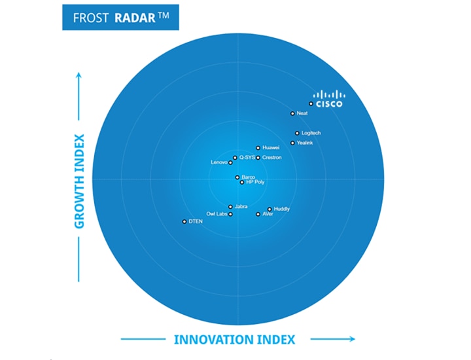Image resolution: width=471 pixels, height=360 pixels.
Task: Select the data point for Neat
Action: click(x=292, y=113)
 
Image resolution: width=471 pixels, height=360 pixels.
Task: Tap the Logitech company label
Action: click(x=311, y=134)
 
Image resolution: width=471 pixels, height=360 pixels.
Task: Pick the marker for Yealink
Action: click(x=292, y=143)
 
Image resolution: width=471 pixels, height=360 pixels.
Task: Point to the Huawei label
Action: click(x=271, y=148)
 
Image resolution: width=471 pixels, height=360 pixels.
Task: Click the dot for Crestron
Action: click(x=258, y=158)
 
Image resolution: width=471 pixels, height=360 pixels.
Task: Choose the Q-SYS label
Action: click(x=247, y=158)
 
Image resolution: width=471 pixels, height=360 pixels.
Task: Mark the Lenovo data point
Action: click(x=230, y=162)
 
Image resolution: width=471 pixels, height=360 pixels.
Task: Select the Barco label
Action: click(x=249, y=177)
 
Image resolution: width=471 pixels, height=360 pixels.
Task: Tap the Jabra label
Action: click(x=241, y=207)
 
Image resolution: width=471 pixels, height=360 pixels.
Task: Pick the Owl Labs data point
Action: click(x=230, y=214)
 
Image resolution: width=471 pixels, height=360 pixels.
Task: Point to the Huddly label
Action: click(x=282, y=209)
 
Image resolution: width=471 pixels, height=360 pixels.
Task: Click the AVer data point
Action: click(x=258, y=214)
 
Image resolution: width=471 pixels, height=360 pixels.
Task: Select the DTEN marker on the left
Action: click(x=184, y=222)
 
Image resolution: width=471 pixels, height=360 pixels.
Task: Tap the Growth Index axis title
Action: click(x=79, y=181)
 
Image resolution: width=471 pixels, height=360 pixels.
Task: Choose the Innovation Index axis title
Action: click(x=234, y=340)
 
